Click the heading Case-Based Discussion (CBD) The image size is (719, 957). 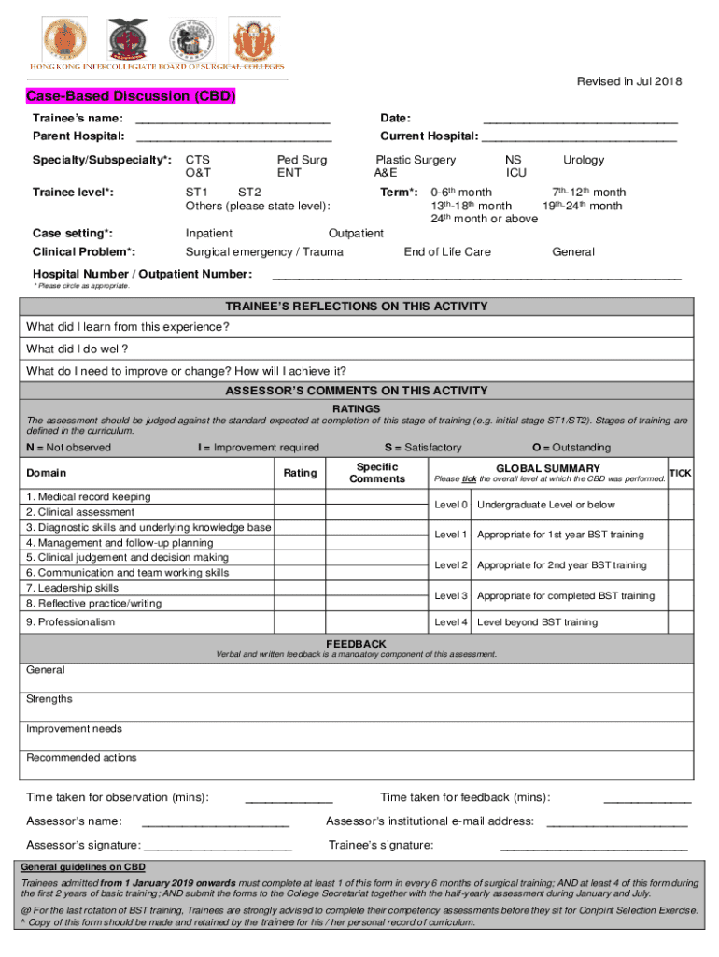(131, 97)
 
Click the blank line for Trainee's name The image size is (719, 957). (233, 121)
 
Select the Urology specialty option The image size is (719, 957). (584, 160)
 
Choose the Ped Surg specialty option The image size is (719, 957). (302, 160)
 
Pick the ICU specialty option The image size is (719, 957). (515, 173)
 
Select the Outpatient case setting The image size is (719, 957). (356, 234)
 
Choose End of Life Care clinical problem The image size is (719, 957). (446, 252)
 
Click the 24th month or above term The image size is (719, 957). (484, 219)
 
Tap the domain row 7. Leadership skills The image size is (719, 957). (73, 588)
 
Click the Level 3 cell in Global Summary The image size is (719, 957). (451, 595)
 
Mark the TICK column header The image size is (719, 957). (681, 473)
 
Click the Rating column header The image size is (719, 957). (300, 473)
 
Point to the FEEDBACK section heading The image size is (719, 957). (356, 644)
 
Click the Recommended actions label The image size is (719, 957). (81, 758)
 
